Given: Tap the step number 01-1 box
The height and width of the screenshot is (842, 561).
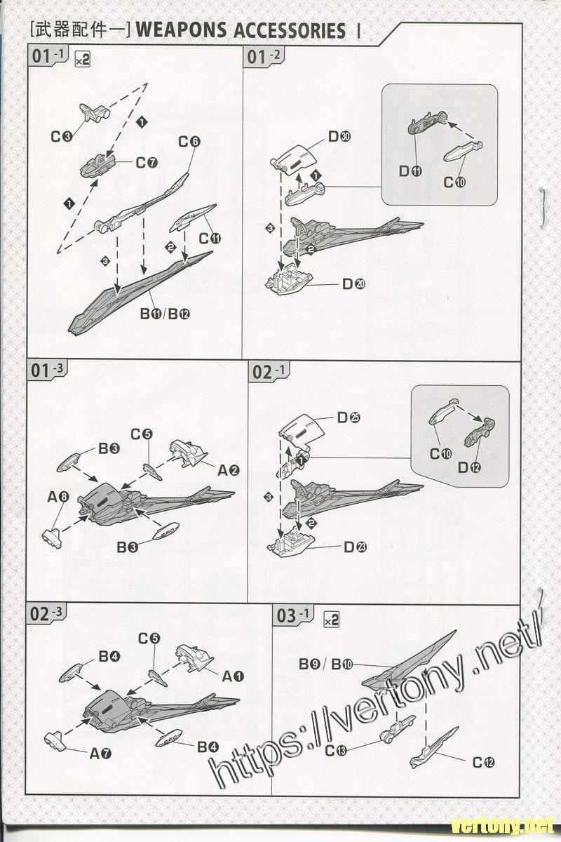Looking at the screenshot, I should click(x=49, y=57).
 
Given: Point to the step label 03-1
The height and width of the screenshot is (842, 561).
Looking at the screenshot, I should click(x=294, y=615).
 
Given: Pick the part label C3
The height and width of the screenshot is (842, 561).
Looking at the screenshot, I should click(x=62, y=136).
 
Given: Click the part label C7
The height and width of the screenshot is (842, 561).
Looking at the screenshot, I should click(x=147, y=163).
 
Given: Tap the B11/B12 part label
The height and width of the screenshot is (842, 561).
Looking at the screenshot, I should click(x=165, y=314).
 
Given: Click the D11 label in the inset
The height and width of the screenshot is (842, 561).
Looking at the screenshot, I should click(x=410, y=171).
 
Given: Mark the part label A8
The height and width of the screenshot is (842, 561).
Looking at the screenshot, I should click(x=59, y=497).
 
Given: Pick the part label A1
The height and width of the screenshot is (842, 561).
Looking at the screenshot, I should click(x=232, y=676).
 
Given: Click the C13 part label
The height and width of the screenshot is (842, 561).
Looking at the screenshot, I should click(x=336, y=751).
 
